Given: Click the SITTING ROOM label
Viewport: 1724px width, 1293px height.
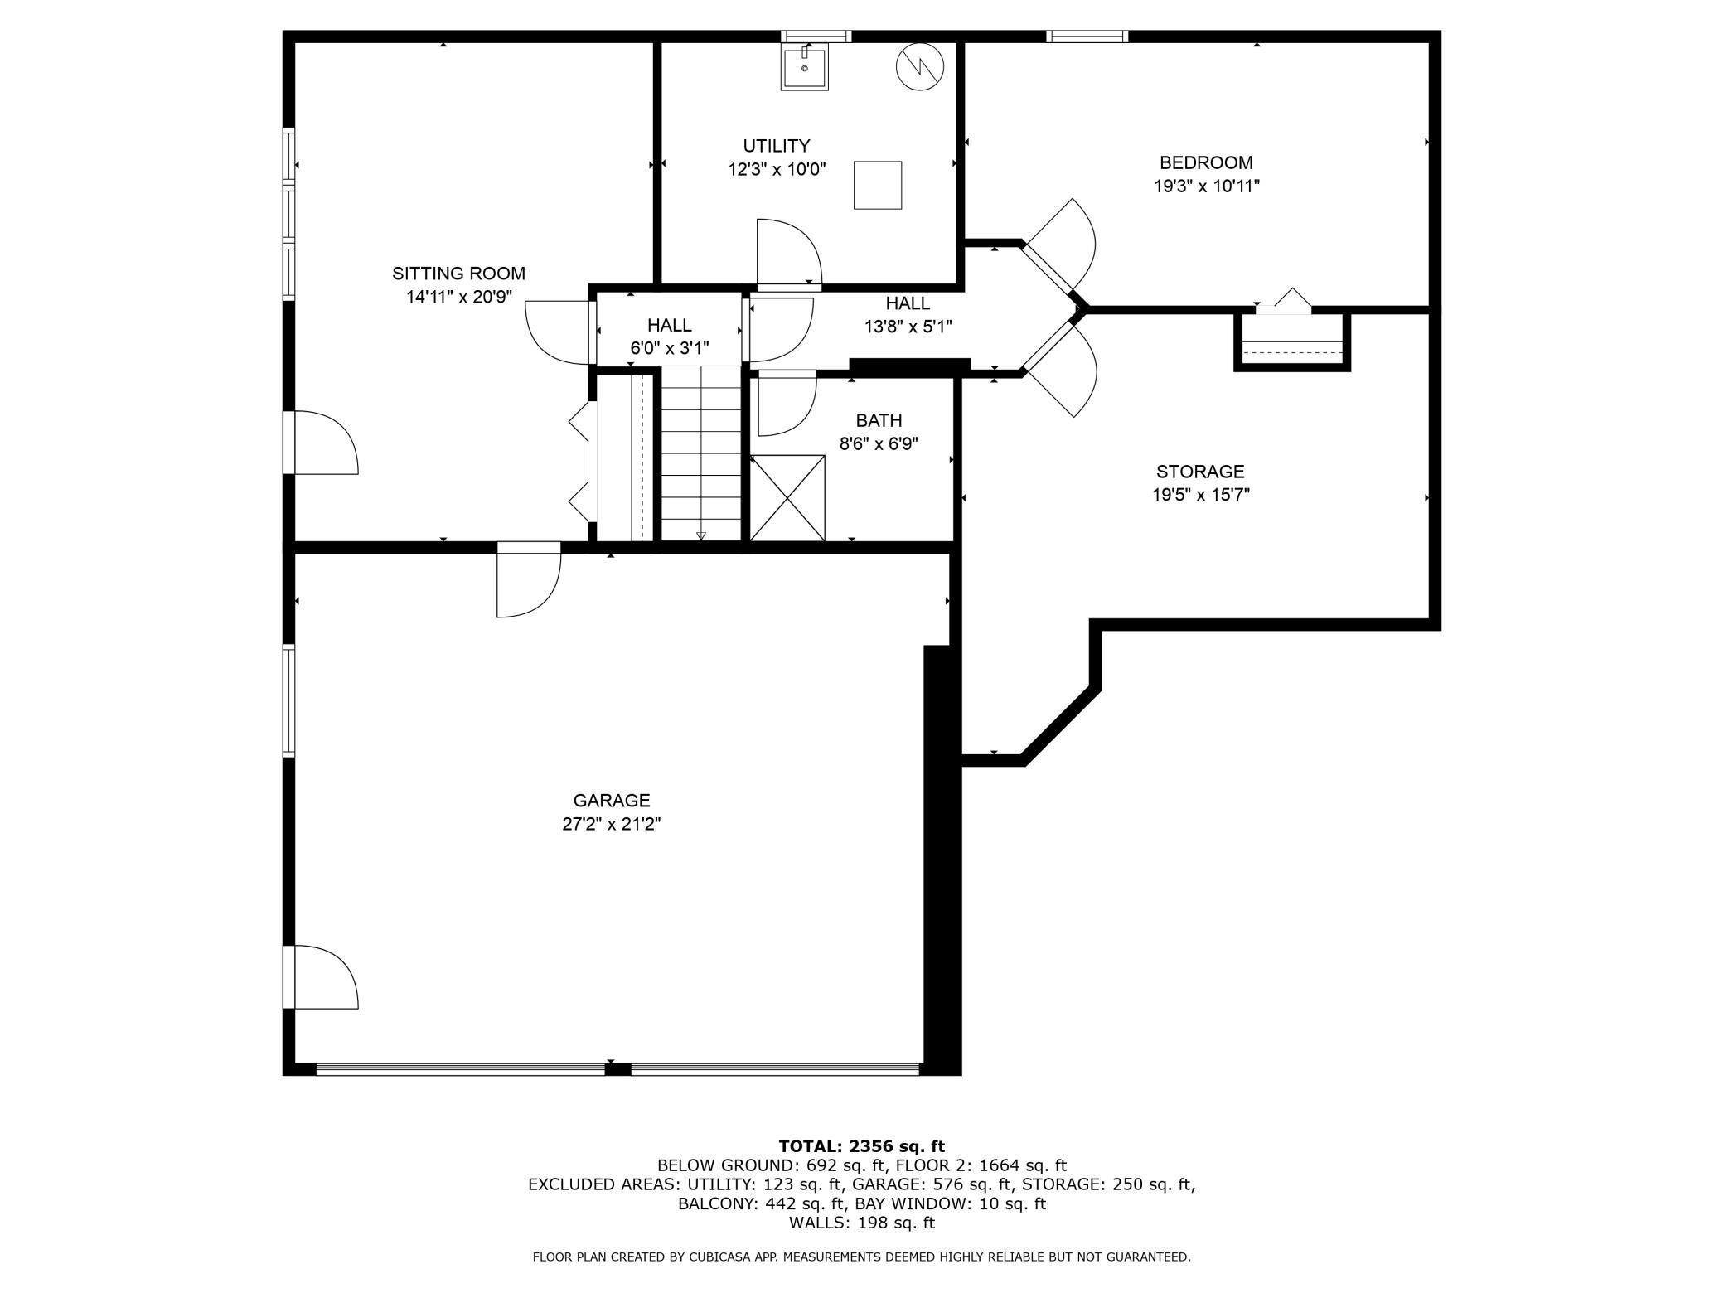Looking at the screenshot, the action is (x=458, y=274).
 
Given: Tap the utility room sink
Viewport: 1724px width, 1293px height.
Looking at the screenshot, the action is (x=804, y=68).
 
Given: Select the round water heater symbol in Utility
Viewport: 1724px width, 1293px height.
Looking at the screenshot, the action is (x=920, y=66).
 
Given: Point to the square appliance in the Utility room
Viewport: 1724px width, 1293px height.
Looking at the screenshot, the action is (x=878, y=185).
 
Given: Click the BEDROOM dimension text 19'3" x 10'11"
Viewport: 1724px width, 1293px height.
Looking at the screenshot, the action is (x=1207, y=186).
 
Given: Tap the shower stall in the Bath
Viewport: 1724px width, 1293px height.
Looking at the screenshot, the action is (x=787, y=498).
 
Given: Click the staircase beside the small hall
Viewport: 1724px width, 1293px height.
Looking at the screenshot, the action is (x=701, y=453).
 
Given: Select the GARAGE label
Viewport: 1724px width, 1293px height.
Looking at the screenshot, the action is (x=612, y=801).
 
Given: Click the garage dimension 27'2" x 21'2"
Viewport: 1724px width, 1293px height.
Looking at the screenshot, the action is (x=612, y=825).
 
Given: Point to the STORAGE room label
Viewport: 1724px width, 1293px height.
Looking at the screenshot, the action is (x=1200, y=472).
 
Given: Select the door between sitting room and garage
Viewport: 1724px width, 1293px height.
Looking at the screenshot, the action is (x=529, y=580).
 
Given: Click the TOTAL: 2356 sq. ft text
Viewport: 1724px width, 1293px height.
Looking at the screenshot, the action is (x=861, y=1146).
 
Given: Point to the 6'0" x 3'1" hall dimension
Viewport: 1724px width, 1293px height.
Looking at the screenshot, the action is (x=670, y=349).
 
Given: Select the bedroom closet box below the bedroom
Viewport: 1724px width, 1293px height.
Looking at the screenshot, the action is (x=1292, y=341).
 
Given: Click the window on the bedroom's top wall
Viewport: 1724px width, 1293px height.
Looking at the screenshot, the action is (x=1087, y=36).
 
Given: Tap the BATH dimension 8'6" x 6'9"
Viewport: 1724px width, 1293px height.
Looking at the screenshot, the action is (x=879, y=444).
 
